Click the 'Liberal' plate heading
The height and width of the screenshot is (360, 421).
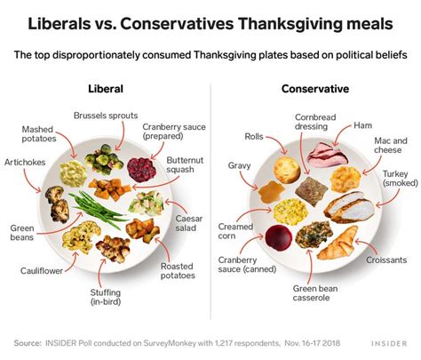coord(106,89)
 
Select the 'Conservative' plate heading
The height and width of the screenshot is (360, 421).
coord(314,89)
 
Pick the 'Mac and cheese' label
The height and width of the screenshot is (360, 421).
coord(389,146)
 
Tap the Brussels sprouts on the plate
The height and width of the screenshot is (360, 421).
coord(101,161)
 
